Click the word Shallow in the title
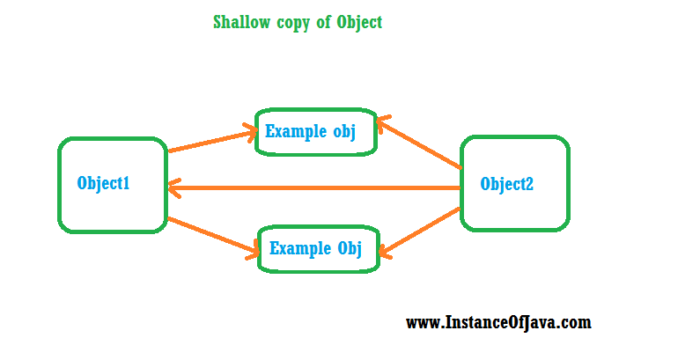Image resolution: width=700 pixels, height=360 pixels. click(241, 22)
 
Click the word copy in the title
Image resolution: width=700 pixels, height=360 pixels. click(293, 23)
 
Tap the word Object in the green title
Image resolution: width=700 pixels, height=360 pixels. click(359, 23)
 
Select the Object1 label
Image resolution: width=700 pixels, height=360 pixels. click(103, 183)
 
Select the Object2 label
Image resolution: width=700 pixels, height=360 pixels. click(506, 184)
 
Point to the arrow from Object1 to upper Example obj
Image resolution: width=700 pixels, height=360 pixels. click(213, 140)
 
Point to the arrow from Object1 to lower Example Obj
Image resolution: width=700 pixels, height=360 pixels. click(213, 238)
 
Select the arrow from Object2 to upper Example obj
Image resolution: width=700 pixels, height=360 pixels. click(419, 143)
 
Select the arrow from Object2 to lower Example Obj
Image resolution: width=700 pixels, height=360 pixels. click(420, 233)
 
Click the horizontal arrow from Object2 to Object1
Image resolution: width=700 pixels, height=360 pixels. click(313, 188)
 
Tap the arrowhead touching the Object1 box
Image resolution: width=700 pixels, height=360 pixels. click(174, 188)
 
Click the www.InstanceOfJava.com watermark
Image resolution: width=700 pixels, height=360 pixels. click(498, 322)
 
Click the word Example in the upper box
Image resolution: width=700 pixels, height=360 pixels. click(296, 132)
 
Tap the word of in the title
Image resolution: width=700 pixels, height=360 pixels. click(323, 22)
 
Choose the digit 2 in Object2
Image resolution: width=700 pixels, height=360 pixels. click(529, 183)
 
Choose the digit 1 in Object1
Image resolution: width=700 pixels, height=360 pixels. click(126, 182)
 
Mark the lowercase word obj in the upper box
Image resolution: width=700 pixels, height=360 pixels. click(344, 133)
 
